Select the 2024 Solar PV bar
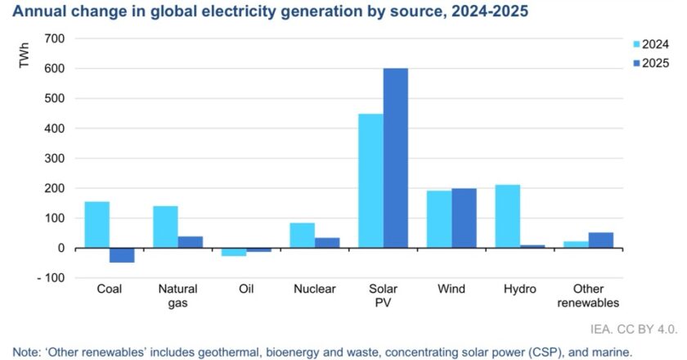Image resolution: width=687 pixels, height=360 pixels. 370,181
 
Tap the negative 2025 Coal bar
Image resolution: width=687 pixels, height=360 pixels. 122,255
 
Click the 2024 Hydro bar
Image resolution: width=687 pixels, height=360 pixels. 507,217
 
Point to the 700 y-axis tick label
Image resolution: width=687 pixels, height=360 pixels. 55,39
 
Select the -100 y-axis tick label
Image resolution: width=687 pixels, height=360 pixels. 51,278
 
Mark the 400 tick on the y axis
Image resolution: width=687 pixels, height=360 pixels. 55,128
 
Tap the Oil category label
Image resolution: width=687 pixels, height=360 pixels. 246,289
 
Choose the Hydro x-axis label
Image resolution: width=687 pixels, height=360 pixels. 519,289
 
